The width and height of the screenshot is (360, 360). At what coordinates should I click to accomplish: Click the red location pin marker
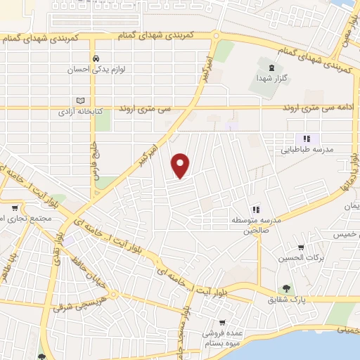click(x=181, y=165)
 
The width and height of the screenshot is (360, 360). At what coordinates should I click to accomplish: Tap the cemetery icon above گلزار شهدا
click(x=262, y=65)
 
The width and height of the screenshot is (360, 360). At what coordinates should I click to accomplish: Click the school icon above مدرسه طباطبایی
click(x=306, y=139)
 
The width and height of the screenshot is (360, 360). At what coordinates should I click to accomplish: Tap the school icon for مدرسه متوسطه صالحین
click(x=256, y=209)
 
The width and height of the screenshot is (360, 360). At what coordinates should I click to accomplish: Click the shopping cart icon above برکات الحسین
click(x=301, y=247)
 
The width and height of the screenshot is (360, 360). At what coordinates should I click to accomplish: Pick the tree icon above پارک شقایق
click(x=286, y=288)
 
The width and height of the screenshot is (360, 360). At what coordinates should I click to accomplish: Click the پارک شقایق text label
click(x=286, y=300)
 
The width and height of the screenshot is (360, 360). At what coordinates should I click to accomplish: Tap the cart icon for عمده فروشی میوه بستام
click(x=222, y=322)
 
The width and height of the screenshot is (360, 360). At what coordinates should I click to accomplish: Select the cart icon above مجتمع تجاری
click(x=15, y=208)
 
